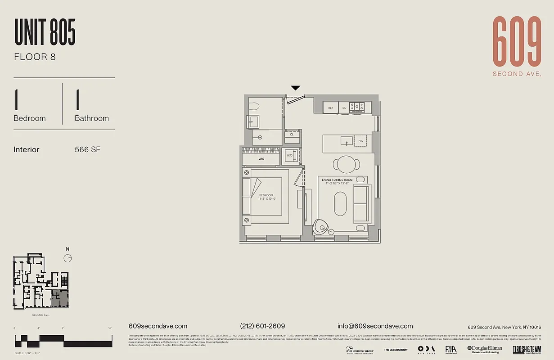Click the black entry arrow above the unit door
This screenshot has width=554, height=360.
295,88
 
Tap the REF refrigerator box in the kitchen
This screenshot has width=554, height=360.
331,108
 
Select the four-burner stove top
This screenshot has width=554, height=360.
357,107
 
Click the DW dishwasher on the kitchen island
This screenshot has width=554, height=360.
360,141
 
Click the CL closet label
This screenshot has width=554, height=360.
292,135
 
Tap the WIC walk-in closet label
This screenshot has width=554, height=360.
261,159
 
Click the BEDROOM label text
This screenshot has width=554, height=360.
266,195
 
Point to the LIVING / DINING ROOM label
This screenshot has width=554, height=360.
337,180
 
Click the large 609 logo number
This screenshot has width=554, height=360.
517,41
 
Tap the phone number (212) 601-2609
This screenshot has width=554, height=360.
262,326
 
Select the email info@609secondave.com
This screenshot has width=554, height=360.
375,326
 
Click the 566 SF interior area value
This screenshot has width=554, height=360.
87,149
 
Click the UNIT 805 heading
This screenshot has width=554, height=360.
45,32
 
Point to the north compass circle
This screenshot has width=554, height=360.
68,258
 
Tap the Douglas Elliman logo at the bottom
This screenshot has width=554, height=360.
485,349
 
